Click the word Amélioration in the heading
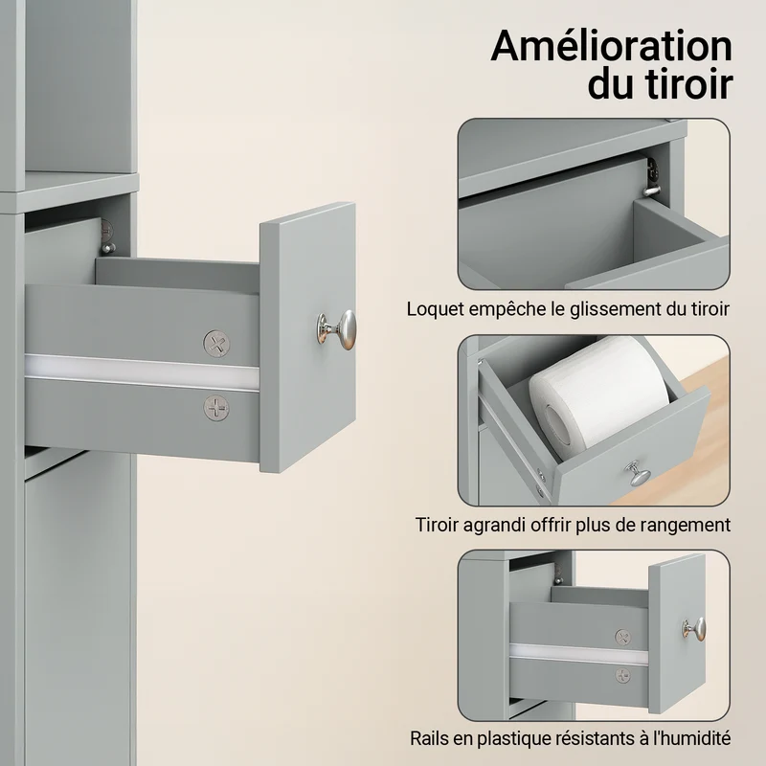pos(611,46)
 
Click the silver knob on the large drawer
pos(337,329)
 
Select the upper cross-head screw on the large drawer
pos(216,344)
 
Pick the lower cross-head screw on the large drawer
pos(216,408)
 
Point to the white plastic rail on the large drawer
pos(142,372)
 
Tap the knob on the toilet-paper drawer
pos(637,473)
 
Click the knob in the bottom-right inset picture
pos(694,629)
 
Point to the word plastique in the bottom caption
pos(512,738)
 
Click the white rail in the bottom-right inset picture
pos(578,654)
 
